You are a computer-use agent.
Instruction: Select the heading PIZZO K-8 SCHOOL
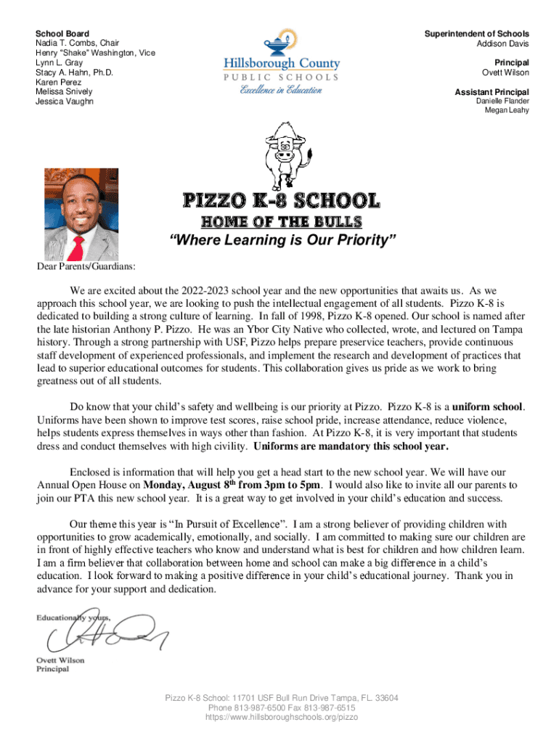point(280,200)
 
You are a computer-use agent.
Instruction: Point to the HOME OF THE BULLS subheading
point(280,221)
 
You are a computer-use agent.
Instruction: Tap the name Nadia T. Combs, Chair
point(78,44)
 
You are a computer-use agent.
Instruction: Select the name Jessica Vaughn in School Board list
point(65,102)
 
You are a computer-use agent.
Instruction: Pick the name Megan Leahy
point(505,110)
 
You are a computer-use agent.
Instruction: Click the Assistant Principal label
point(491,91)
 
